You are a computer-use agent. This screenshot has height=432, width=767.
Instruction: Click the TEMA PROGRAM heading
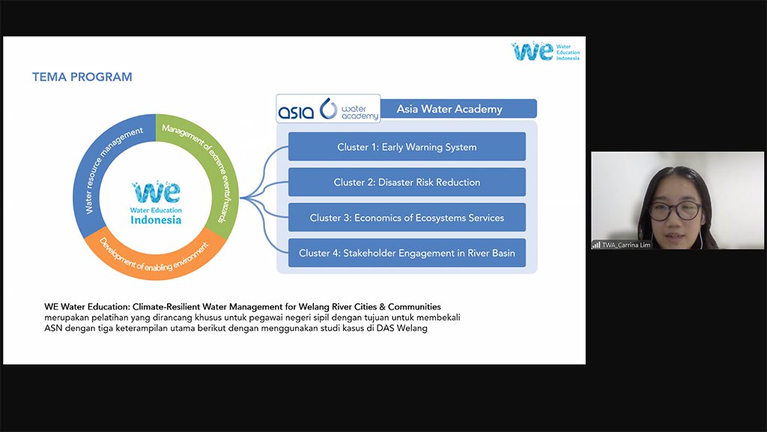[82, 76]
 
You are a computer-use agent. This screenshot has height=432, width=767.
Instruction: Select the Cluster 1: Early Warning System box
[407, 147]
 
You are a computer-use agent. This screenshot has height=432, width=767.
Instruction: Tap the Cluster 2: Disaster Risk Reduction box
[407, 182]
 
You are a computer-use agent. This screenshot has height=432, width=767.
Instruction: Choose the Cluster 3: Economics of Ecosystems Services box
[407, 217]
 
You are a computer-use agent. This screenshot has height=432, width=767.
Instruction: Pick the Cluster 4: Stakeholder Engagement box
[407, 253]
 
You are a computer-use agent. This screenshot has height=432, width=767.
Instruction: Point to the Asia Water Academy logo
[328, 109]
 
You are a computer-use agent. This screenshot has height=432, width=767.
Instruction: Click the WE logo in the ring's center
[157, 191]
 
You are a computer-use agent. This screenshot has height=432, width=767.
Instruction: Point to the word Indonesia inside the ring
[156, 220]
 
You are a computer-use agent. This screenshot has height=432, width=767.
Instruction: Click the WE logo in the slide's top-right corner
[533, 52]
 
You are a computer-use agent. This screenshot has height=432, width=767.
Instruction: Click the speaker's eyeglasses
[675, 209]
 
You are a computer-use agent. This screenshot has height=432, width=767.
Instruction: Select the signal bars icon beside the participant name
[596, 244]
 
